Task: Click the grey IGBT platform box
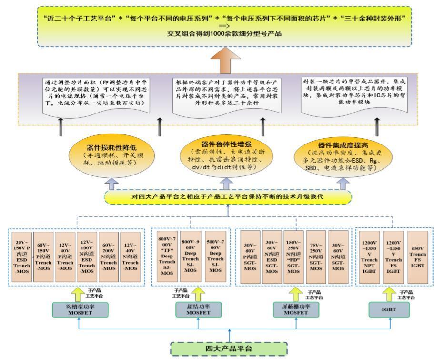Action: (x=390, y=310)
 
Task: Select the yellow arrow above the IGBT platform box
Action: (x=390, y=292)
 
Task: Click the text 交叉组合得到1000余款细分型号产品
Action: (x=224, y=33)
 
